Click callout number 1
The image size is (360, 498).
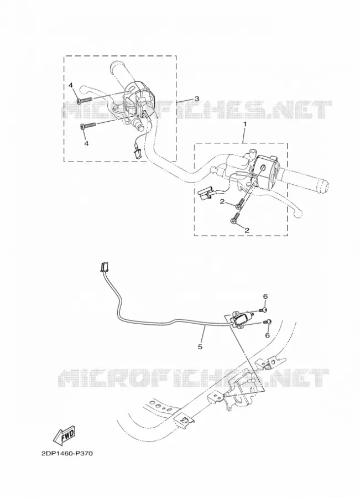coord(244,124)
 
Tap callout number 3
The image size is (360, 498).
coord(197,98)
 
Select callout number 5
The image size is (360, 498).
coord(200,347)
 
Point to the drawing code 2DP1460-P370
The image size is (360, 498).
coord(67,454)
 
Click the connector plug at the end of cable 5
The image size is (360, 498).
coord(104,268)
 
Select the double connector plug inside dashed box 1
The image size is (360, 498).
coord(205,193)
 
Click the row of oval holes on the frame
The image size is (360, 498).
coord(159,406)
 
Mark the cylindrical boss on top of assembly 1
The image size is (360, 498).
coord(253,152)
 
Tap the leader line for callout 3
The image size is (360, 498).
coord(185,100)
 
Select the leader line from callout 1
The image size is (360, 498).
coord(243,136)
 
